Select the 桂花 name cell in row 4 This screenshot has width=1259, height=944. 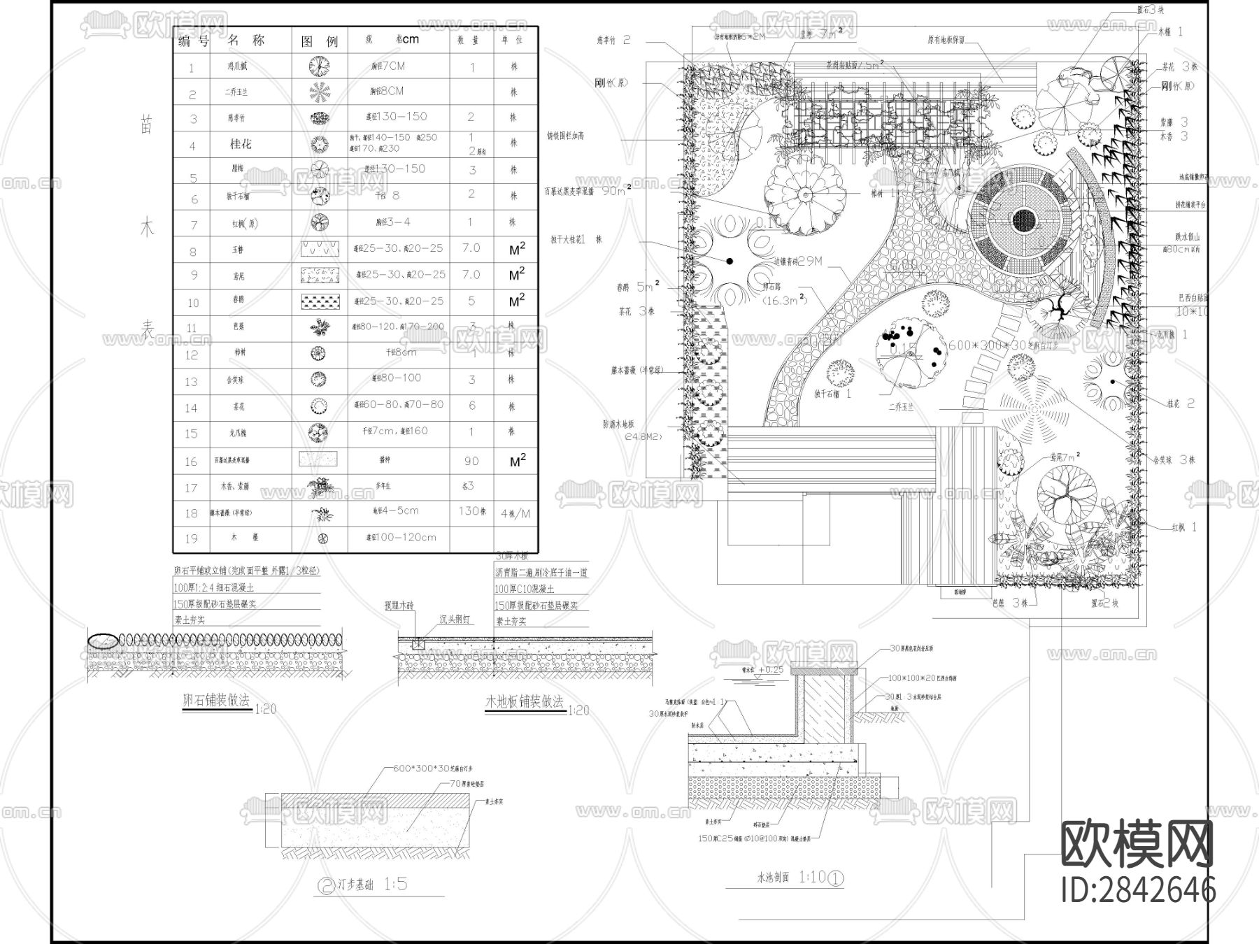(x=241, y=144)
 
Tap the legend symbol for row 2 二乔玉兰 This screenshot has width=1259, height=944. (x=320, y=92)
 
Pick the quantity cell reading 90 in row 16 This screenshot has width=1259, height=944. (x=471, y=461)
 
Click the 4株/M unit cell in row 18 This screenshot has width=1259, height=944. (x=515, y=513)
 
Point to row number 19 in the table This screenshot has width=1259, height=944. (x=192, y=539)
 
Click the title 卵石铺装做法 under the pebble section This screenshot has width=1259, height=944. (x=215, y=701)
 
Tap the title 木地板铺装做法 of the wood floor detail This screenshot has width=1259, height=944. (x=525, y=701)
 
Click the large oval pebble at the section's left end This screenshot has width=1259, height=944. (x=103, y=640)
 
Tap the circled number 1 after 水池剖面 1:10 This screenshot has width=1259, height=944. (x=836, y=878)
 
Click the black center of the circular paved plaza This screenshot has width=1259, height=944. (x=1023, y=221)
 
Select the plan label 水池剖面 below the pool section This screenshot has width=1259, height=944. (x=773, y=878)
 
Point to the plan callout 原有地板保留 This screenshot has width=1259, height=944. (x=946, y=41)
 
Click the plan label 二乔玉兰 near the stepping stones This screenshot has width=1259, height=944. (x=901, y=407)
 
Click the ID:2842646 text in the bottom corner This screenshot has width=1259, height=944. (x=1139, y=889)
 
